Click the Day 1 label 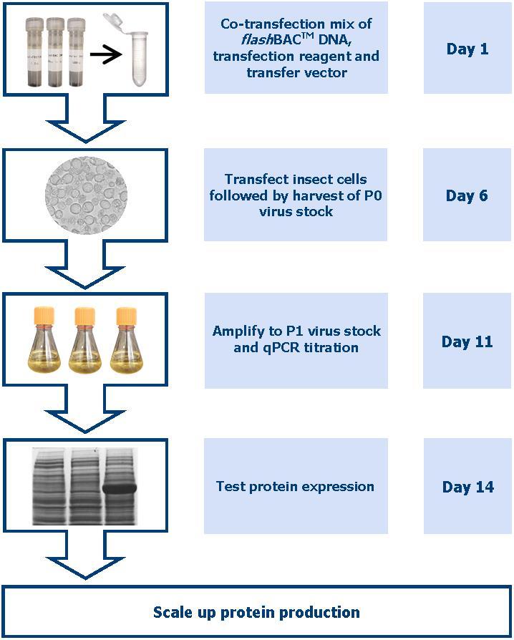467,49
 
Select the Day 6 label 467,195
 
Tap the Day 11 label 467,341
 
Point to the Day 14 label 467,487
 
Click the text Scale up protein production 256,612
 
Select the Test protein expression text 295,486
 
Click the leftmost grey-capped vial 35,49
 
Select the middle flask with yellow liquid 85,340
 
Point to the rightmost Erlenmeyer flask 126,340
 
